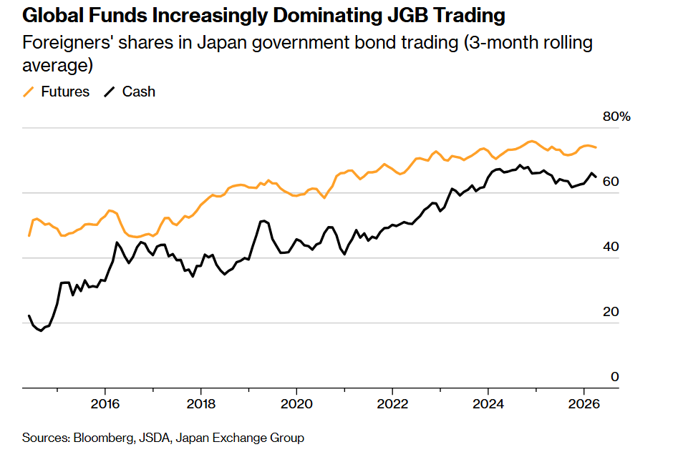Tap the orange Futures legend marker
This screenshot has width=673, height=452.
tap(29, 92)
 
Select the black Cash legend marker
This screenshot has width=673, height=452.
tap(110, 92)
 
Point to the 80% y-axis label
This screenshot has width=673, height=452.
tap(616, 117)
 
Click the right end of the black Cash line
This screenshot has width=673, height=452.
tap(596, 177)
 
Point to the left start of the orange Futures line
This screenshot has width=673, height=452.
tap(29, 235)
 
